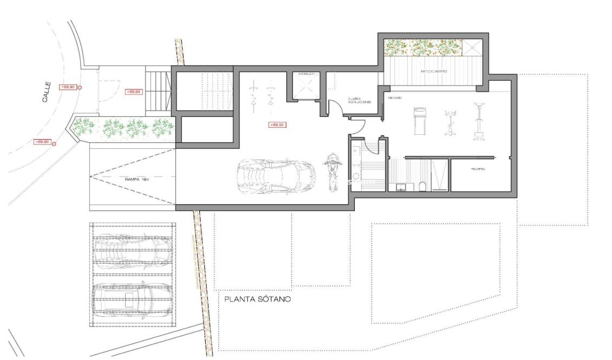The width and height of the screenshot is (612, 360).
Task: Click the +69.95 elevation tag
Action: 133,91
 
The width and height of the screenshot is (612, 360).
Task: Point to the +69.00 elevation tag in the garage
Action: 277,125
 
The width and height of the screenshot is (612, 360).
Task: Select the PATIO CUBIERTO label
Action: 433,71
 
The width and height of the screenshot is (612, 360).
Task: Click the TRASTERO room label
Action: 477,169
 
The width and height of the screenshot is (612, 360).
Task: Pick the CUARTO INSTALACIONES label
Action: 360,100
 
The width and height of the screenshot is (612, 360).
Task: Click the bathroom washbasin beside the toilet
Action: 401,187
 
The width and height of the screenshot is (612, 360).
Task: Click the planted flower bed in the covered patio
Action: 422,47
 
